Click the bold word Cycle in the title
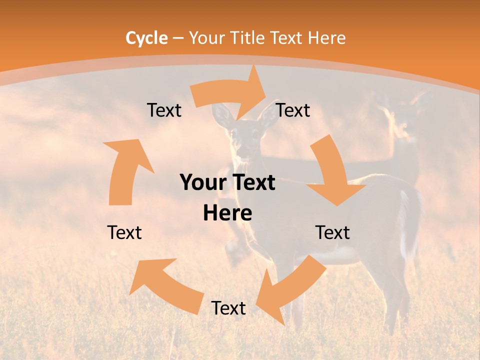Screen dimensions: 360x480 click(146, 38)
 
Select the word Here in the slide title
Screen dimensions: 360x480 click(325, 38)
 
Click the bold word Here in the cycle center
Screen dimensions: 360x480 click(227, 213)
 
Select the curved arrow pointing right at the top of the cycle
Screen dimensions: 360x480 click(230, 95)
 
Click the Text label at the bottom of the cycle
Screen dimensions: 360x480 click(228, 308)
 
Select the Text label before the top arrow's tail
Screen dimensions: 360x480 click(164, 110)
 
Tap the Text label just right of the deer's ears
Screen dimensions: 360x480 click(293, 110)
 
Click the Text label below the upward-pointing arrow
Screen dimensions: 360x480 click(124, 232)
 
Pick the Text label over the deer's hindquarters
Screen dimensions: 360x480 click(332, 232)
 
